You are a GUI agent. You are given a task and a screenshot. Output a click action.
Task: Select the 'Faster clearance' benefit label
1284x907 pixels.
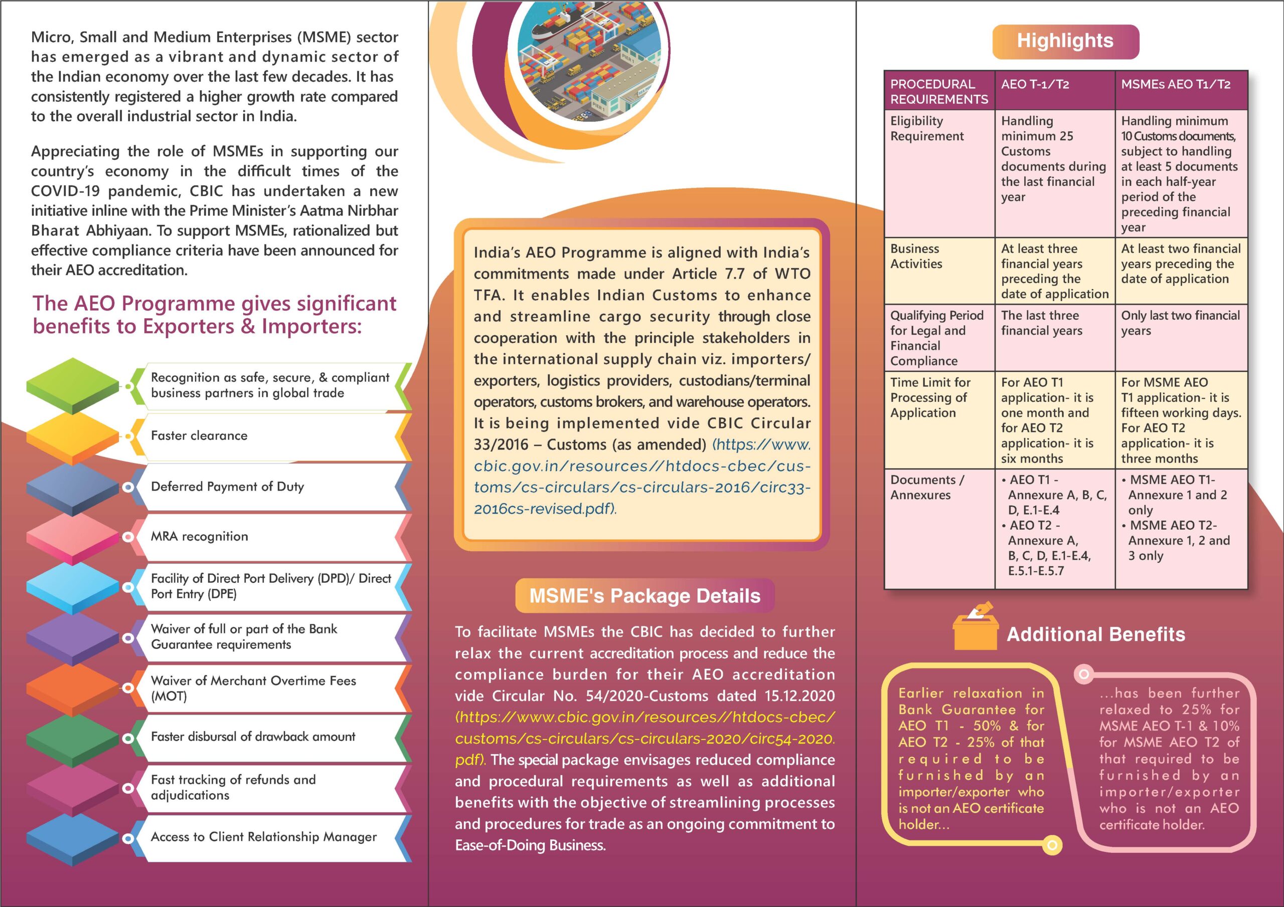tap(199, 435)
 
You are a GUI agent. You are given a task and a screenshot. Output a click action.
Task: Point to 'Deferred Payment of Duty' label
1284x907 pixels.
tap(227, 486)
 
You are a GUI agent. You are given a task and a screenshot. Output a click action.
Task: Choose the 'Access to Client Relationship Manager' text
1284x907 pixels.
tap(263, 836)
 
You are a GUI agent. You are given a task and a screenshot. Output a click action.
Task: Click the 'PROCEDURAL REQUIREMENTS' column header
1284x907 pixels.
tap(939, 91)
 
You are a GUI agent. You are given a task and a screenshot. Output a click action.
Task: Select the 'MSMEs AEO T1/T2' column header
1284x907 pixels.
tap(1176, 84)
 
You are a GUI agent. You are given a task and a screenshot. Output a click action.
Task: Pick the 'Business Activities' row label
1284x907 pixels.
tap(916, 256)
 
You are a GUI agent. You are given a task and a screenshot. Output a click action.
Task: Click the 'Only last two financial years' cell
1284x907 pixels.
tap(1180, 322)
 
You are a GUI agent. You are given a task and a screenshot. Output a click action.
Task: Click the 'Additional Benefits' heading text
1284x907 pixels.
tap(1095, 634)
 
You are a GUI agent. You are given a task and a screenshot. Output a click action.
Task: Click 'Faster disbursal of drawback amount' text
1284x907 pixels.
tap(253, 737)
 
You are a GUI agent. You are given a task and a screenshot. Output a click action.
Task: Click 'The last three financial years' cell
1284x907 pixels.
tap(1041, 322)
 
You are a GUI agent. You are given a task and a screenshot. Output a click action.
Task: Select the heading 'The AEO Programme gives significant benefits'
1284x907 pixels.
tap(214, 314)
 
